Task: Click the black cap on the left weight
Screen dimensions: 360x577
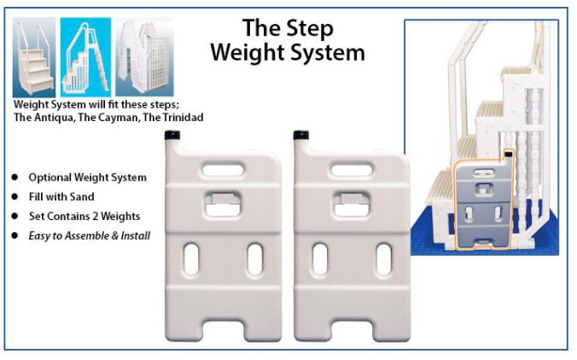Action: (171, 136)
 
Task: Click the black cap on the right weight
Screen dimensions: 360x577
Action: (300, 136)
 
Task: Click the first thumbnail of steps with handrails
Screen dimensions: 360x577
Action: (35, 56)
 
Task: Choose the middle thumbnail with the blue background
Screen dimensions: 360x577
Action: (85, 56)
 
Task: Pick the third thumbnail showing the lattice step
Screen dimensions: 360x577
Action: (144, 56)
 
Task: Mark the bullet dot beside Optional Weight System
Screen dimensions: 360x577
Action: (15, 177)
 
